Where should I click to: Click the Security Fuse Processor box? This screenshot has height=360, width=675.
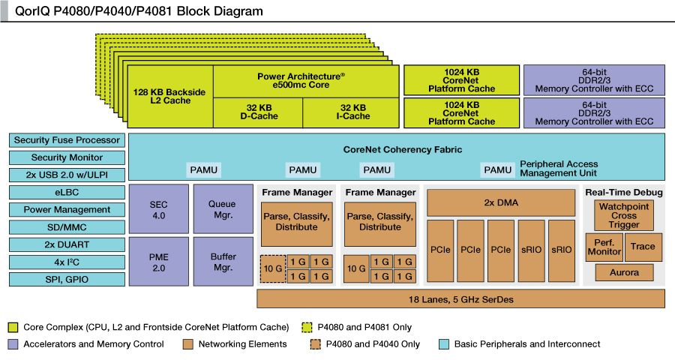67,140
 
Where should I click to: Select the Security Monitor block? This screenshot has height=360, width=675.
67,157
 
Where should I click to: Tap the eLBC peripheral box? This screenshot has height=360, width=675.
67,192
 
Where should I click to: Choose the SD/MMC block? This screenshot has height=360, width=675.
67,227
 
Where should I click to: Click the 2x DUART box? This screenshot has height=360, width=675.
67,244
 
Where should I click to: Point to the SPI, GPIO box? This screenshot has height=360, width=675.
67,279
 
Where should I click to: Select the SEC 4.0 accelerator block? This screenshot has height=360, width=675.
158,209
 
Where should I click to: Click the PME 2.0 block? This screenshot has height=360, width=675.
158,262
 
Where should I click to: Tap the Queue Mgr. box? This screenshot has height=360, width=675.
223,209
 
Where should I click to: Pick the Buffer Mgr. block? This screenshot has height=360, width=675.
223,262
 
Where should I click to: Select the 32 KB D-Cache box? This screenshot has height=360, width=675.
258,112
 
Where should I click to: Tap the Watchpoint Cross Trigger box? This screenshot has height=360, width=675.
623,215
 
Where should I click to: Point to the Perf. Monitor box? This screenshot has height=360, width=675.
604,247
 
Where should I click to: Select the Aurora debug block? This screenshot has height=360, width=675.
623,272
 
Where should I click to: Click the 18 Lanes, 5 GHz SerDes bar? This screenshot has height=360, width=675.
460,298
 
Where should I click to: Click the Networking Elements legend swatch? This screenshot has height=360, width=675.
188,344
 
